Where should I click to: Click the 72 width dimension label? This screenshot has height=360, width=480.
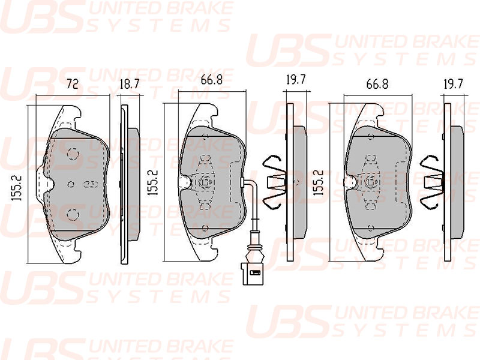73,83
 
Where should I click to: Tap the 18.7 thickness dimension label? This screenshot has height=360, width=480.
130,83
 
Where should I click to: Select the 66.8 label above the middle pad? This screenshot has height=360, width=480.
212,80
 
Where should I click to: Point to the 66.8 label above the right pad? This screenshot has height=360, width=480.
377,84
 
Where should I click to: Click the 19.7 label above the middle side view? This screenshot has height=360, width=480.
296,80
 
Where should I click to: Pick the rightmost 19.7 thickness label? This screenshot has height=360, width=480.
454,84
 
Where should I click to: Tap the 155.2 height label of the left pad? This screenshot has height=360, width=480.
17,188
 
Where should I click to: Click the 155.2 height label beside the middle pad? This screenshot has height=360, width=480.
153,183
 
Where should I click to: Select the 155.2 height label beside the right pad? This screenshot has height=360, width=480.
319,183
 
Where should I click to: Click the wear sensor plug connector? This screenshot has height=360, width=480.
252,274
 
